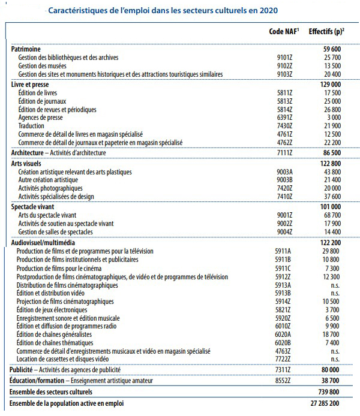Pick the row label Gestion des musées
46,66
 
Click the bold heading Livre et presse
31,85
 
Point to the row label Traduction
31,127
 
